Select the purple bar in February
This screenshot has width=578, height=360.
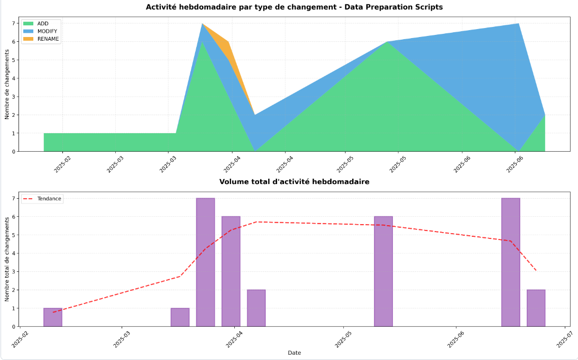(53, 317)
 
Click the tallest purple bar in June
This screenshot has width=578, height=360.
(510, 262)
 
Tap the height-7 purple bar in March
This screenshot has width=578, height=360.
(205, 262)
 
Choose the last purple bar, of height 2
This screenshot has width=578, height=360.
(536, 308)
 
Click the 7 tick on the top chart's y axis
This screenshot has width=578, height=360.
(14, 23)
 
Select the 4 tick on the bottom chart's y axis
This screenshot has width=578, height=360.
(14, 253)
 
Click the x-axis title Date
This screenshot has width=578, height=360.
(295, 353)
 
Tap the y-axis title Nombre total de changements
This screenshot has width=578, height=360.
(7, 259)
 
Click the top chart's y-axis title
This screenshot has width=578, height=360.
(7, 84)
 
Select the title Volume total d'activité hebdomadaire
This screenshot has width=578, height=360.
(294, 182)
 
